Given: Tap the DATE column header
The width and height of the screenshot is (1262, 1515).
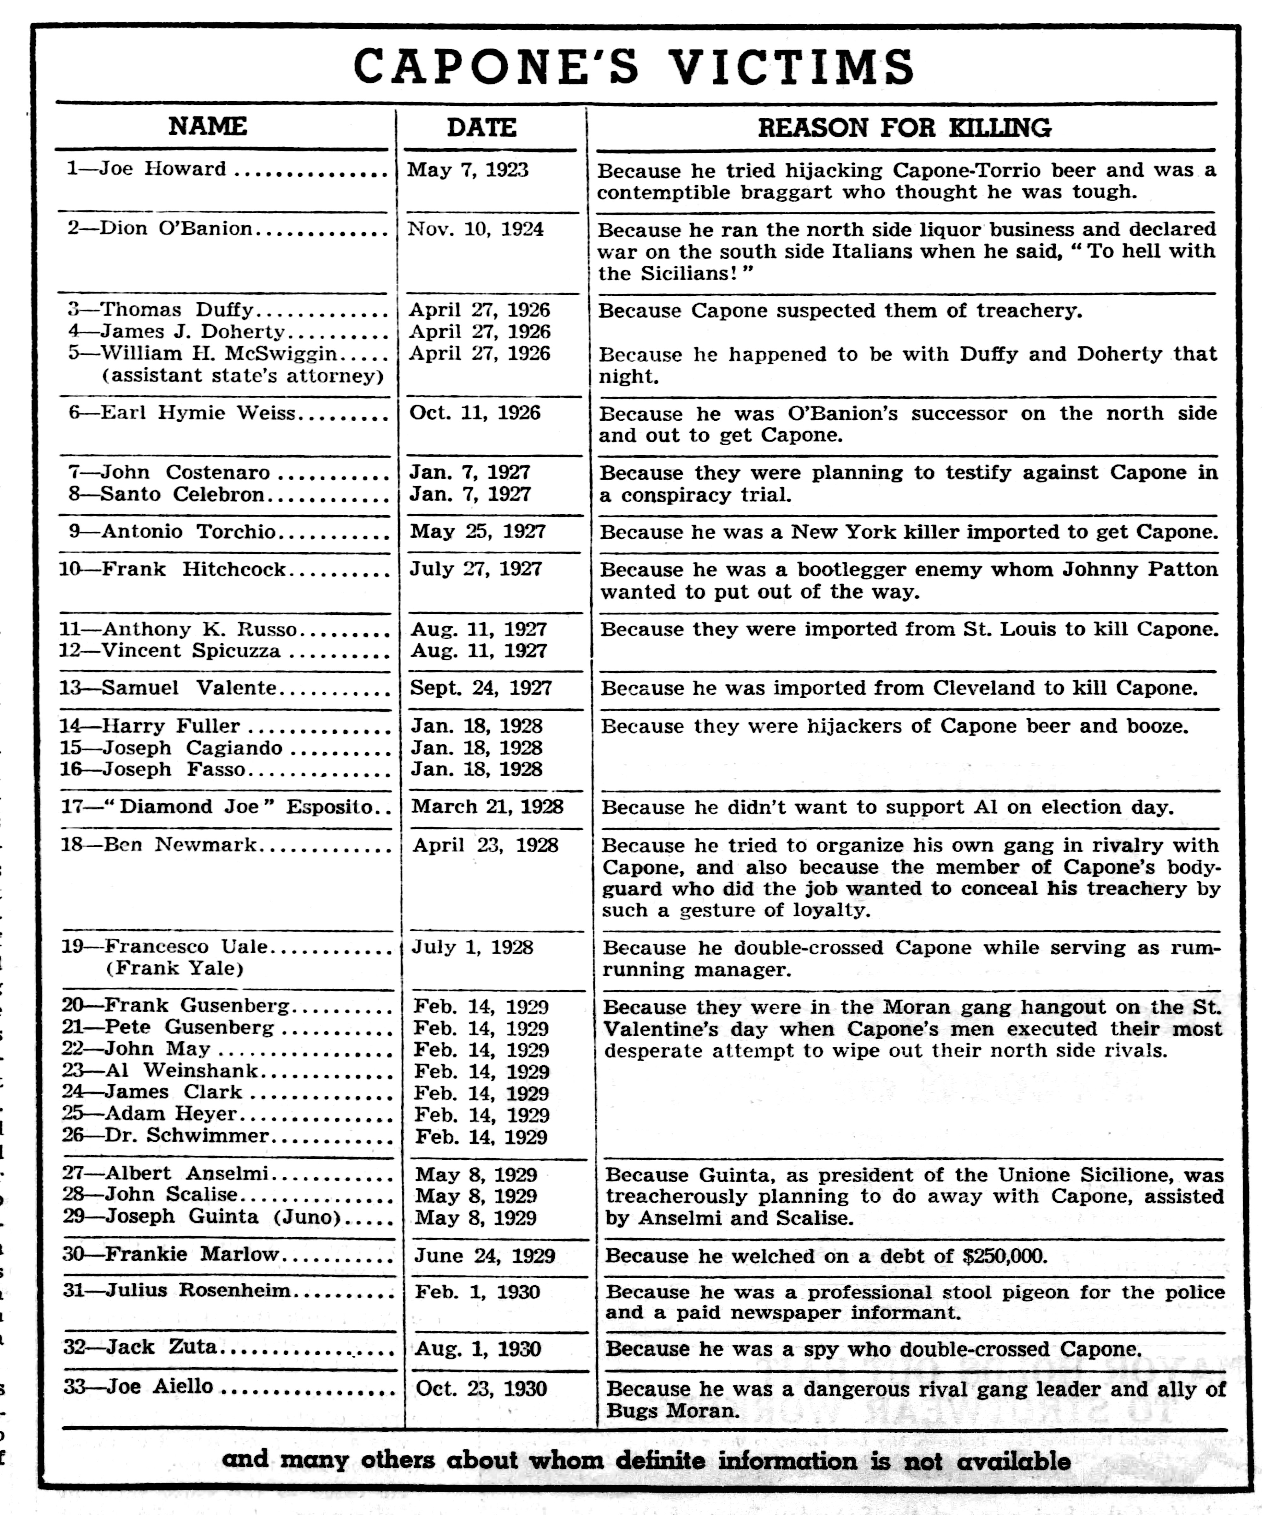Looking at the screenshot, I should coord(481,128).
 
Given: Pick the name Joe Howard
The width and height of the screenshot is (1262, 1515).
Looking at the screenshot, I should coord(162,169).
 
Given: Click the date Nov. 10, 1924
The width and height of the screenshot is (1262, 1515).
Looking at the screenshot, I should coord(475,229).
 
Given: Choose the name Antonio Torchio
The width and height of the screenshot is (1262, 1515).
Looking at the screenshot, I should coord(189,532).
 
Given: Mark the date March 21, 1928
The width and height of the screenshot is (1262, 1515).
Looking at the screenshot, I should coord(487,807).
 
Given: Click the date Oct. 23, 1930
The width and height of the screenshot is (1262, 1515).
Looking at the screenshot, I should coord(481,1389).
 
